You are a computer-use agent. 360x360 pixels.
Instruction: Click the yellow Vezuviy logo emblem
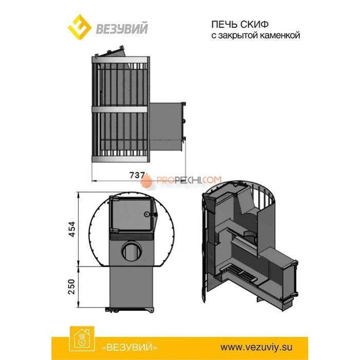coord(79,27)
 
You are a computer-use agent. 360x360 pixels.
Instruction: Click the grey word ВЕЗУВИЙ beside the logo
coord(122,28)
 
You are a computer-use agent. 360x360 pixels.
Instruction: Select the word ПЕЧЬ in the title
coord(224,24)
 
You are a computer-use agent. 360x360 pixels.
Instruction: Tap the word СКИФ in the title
coord(254,24)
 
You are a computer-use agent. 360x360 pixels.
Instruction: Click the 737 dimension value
coord(137,175)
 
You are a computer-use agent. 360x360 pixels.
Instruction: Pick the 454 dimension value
coord(72,229)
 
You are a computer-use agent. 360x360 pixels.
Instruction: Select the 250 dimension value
coord(72,286)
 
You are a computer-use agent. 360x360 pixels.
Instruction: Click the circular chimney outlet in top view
coord(132,251)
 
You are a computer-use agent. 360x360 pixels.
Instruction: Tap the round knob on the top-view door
coord(146,214)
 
